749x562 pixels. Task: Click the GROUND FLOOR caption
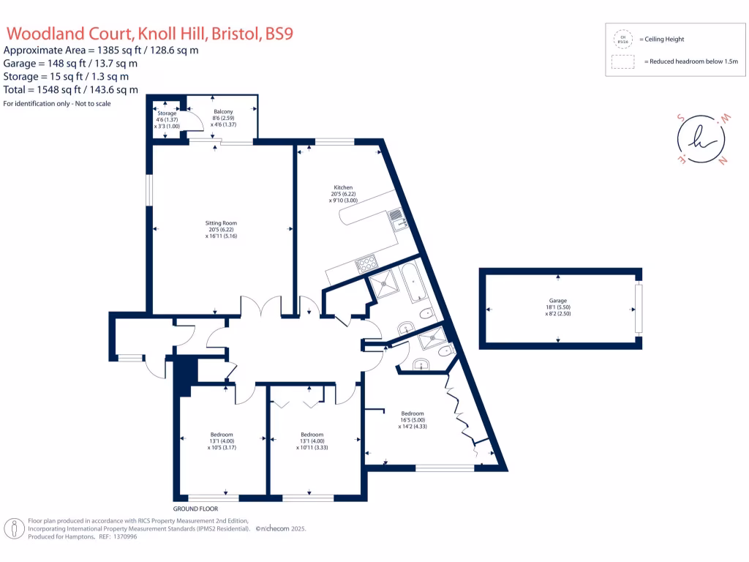point(195,509)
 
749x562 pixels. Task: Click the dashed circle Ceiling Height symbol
point(623,39)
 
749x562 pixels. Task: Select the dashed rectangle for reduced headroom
point(623,62)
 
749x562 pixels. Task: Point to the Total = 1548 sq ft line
point(71,89)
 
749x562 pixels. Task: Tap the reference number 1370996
point(122,536)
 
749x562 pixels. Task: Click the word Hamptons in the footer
point(79,536)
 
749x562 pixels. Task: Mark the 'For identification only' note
point(57,103)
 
